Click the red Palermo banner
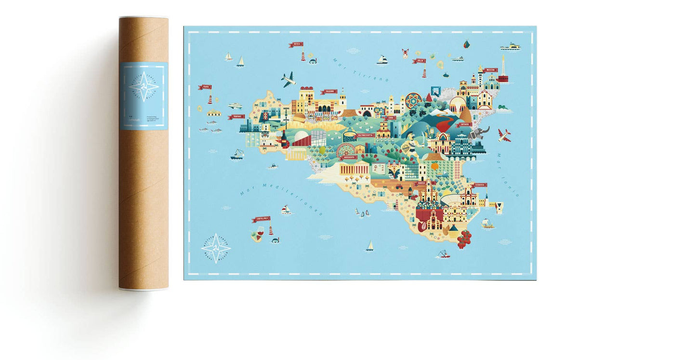click(x=328, y=92)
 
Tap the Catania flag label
click(x=465, y=124)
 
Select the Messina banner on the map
click(x=490, y=70)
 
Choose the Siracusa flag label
click(x=480, y=185)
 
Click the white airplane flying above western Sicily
click(x=288, y=80)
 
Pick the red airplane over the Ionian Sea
click(x=504, y=135)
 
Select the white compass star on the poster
click(x=216, y=248)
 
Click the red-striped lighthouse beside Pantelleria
click(x=271, y=230)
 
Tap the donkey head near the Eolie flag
click(x=405, y=53)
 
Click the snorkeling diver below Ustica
click(x=314, y=61)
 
